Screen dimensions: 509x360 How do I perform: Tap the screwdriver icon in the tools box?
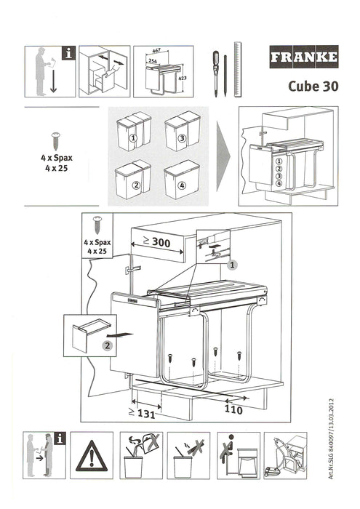pyautogui.click(x=215, y=73)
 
